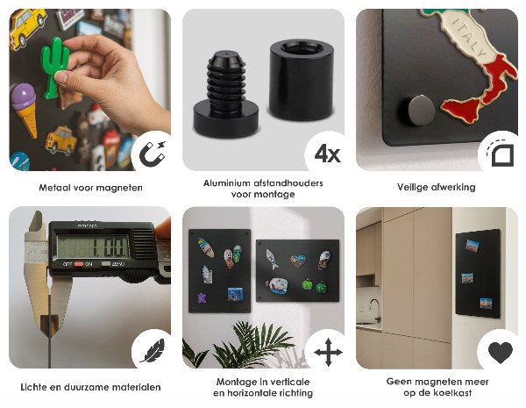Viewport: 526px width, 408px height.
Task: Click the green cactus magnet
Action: tap(57, 66)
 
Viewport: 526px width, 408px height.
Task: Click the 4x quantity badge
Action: tap(326, 154)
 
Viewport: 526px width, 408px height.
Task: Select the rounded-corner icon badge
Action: tap(499, 154)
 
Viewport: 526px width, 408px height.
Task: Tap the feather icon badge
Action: tap(151, 353)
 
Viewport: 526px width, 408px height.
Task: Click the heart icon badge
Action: tap(500, 353)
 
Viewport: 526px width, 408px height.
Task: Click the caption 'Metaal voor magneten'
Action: tap(90, 187)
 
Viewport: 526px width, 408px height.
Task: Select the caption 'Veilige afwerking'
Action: tap(436, 187)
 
